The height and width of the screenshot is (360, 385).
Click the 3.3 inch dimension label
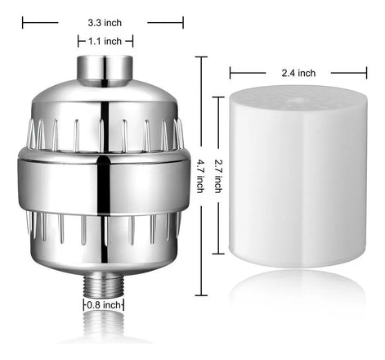105,23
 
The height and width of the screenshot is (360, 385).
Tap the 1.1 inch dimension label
105,42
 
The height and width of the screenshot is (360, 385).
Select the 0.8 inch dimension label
104,304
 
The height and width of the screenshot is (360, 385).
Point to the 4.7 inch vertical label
200,176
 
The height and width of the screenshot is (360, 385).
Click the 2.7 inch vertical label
218,176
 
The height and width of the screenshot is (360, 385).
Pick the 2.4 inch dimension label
298,73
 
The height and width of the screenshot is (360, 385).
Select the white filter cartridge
298,176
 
